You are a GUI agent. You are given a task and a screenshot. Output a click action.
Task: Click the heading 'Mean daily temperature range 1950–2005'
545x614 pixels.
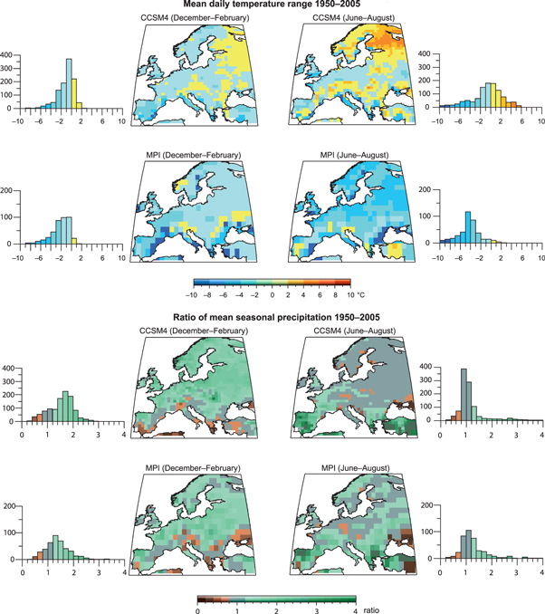272,6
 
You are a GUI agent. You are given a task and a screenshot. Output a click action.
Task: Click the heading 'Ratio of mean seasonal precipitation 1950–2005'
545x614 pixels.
272,317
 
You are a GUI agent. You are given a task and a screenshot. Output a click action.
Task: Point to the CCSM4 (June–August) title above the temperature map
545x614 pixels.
345,17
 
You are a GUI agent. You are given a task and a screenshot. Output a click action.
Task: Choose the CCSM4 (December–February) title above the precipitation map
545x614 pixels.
189,329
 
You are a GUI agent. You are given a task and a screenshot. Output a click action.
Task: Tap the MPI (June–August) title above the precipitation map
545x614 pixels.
345,467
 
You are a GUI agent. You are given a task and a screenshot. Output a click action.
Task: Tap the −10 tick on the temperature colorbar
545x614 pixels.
191,295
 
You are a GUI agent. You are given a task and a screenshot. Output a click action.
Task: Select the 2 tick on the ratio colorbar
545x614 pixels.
276,609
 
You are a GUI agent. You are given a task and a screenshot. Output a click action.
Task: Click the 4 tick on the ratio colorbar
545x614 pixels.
354,609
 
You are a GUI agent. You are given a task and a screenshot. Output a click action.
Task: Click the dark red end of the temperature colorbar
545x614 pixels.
346,283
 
